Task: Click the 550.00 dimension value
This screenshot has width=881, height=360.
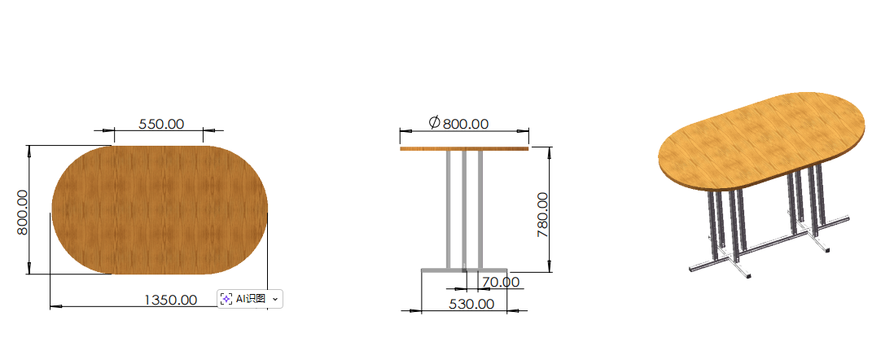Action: click(x=161, y=124)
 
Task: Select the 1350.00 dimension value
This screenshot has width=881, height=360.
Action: click(x=171, y=300)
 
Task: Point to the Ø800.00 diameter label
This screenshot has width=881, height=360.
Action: click(x=458, y=123)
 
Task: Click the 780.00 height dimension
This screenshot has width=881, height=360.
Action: click(x=543, y=214)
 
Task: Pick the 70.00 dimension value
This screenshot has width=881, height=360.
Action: click(x=501, y=281)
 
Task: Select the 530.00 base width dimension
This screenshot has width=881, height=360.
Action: click(x=471, y=304)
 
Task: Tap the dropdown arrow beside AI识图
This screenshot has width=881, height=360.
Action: click(x=274, y=300)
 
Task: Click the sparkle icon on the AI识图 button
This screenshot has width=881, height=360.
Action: click(x=226, y=299)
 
